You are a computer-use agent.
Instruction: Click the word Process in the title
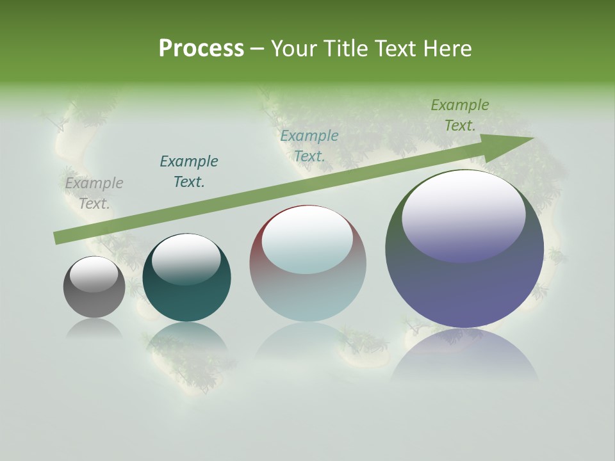(x=201, y=49)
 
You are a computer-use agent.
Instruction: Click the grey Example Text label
(x=94, y=193)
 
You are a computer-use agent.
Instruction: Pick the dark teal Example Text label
(x=189, y=172)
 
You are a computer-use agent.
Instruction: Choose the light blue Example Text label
(x=309, y=146)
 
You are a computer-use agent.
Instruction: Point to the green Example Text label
(x=460, y=115)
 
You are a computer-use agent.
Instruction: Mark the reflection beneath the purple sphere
(x=464, y=355)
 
